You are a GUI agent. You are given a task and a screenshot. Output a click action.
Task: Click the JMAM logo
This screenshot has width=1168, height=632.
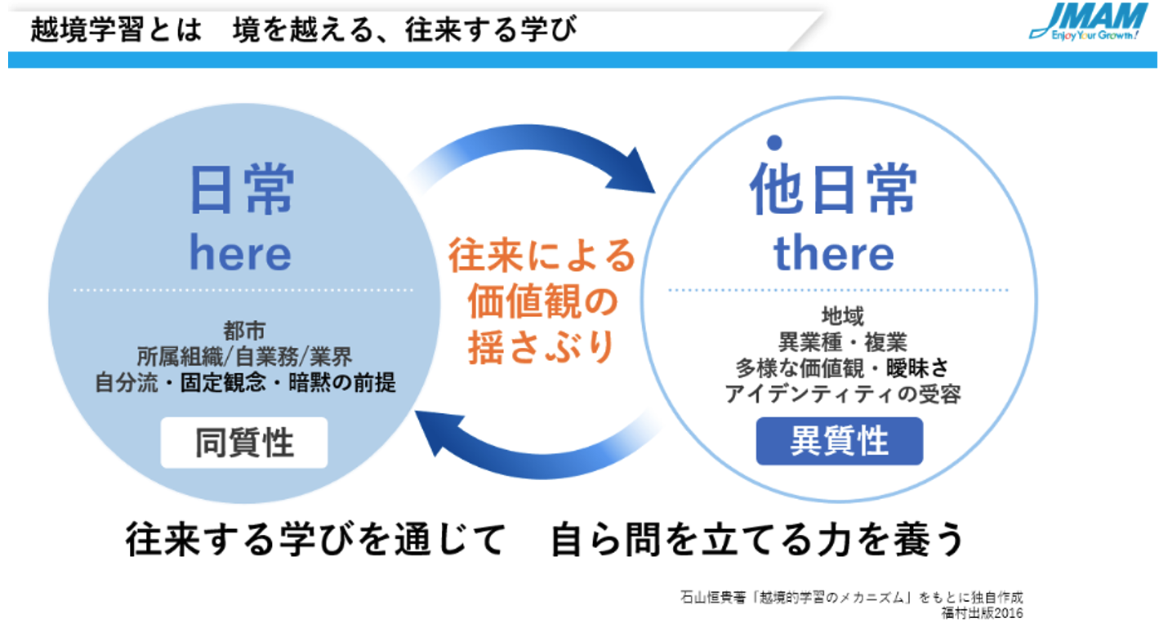click(x=1088, y=22)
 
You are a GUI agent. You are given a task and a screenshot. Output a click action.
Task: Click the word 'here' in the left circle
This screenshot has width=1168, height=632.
click(x=240, y=253)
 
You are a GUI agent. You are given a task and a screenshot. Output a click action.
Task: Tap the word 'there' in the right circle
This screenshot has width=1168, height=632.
click(x=834, y=253)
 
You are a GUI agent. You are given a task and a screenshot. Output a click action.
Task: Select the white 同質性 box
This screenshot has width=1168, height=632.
click(x=244, y=443)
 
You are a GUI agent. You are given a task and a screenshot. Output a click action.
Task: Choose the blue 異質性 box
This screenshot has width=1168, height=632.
click(x=840, y=441)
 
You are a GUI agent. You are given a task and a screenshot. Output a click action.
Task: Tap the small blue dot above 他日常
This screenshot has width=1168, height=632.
click(x=774, y=142)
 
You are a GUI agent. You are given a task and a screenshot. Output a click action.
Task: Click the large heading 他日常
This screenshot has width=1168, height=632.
click(x=833, y=189)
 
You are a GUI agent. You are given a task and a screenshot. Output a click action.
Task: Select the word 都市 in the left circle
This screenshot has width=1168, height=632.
click(x=244, y=331)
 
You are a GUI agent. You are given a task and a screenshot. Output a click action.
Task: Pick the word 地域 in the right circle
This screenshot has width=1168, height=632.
click(x=843, y=316)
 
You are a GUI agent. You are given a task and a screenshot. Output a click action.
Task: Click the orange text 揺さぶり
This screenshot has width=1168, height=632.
click(x=542, y=347)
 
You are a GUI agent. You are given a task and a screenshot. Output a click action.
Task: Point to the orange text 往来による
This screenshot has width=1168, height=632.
click(x=542, y=255)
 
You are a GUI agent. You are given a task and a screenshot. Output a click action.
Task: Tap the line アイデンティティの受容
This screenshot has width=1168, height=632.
click(x=843, y=394)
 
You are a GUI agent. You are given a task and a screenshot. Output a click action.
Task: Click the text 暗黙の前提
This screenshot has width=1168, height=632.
click(x=342, y=383)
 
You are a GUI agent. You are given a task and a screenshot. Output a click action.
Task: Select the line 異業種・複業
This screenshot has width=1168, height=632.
click(x=843, y=342)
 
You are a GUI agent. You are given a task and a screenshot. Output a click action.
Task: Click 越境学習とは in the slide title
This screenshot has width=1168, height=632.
click(x=116, y=29)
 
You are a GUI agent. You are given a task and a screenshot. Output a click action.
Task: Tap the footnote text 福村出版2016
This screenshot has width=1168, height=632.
click(x=982, y=613)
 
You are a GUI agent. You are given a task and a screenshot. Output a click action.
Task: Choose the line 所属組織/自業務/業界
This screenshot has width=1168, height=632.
click(x=244, y=357)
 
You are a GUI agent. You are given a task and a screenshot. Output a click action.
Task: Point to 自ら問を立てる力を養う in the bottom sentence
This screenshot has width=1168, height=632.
click(x=758, y=539)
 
